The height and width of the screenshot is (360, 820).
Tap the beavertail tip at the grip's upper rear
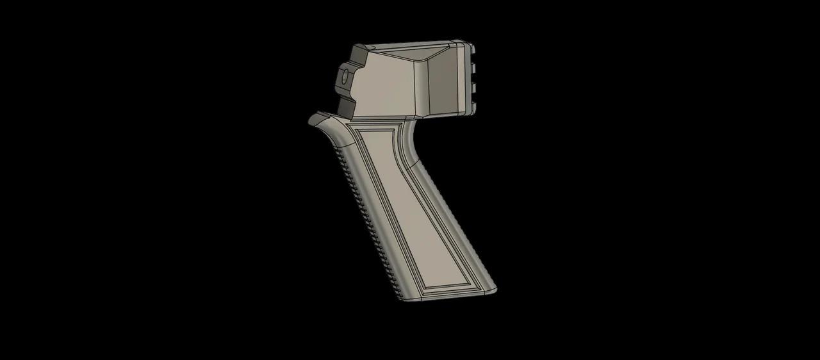pos(314,119)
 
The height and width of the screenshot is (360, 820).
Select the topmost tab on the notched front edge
pos(473,51)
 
